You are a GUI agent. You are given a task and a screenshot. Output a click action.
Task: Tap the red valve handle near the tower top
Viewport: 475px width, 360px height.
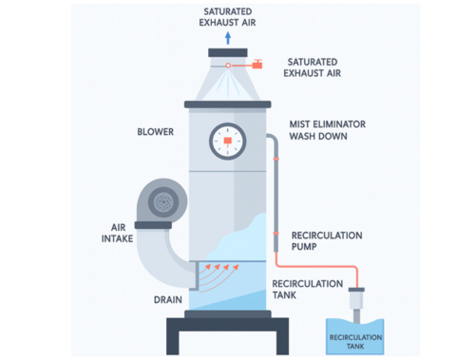tap(257, 65)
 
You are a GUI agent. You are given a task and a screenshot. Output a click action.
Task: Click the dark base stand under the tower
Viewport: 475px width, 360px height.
tap(227, 332)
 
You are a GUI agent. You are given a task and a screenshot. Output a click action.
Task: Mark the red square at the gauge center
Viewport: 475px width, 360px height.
tap(228, 143)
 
